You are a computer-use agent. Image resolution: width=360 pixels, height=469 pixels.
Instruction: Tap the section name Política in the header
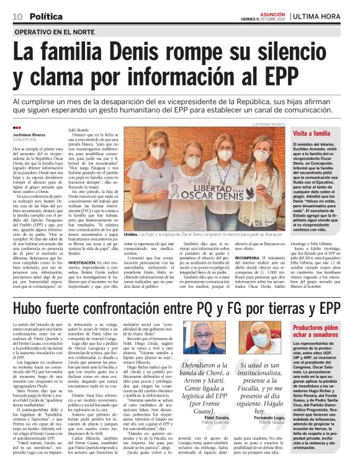coord(46,15)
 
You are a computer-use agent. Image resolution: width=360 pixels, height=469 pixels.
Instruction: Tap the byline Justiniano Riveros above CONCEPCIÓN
coord(31,135)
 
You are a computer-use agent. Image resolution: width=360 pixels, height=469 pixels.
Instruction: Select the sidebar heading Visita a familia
coord(315,133)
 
